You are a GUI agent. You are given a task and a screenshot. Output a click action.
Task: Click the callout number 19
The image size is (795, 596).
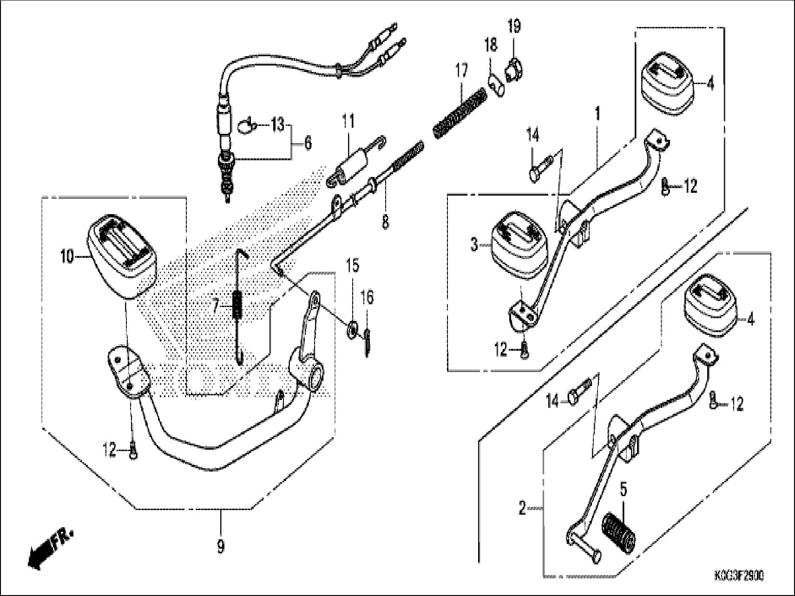[x=514, y=26]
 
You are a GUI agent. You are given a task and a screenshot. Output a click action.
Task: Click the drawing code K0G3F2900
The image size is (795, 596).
[x=738, y=576]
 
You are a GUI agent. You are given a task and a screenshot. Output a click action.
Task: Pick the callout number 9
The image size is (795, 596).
[x=220, y=547]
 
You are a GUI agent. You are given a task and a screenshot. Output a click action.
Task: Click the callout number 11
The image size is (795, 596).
[x=348, y=122]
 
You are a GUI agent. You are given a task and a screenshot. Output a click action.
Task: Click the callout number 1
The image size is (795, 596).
[x=598, y=113]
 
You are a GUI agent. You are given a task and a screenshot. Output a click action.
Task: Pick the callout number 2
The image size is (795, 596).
[x=522, y=509]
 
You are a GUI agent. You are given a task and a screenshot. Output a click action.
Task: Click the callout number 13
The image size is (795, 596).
[x=277, y=125]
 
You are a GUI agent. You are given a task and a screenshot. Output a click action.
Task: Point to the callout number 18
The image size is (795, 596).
[x=491, y=46]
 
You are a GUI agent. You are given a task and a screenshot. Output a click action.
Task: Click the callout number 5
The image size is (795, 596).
[x=624, y=489]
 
